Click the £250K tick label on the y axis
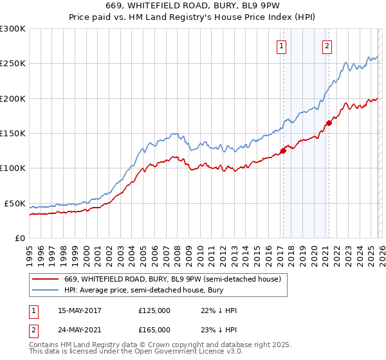(x=13, y=64)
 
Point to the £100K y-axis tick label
(x=13, y=168)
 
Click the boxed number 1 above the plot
(x=282, y=45)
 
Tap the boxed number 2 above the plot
(x=327, y=45)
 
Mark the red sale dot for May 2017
(x=283, y=152)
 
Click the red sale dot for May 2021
(x=329, y=123)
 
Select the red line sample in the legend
(x=46, y=280)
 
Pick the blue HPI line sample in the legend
(x=46, y=291)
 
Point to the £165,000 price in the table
(x=154, y=329)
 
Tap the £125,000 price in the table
(x=154, y=310)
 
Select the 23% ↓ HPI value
(x=219, y=329)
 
